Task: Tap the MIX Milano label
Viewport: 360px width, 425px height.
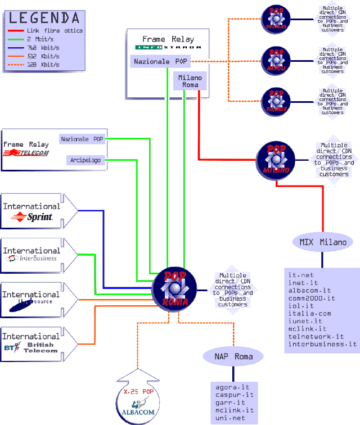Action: coord(322,242)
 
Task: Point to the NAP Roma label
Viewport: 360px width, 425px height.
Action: coord(233,356)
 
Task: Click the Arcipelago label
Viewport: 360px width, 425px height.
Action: coord(85,160)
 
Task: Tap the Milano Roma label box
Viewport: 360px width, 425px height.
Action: coord(191,81)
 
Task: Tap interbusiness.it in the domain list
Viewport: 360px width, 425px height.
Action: coord(322,343)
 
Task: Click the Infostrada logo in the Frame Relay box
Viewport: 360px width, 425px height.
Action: coord(168,47)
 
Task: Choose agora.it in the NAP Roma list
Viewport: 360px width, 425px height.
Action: coord(233,387)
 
